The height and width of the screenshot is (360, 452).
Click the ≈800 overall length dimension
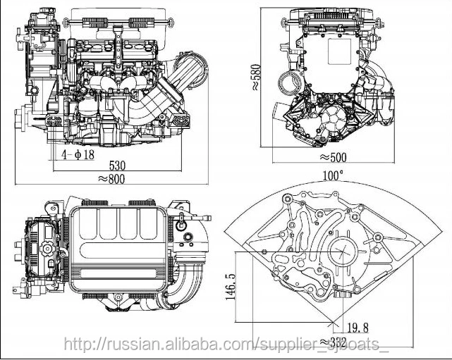click(113, 178)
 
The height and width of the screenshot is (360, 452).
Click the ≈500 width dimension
click(336, 157)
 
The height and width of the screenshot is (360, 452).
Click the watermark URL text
click(226, 345)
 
